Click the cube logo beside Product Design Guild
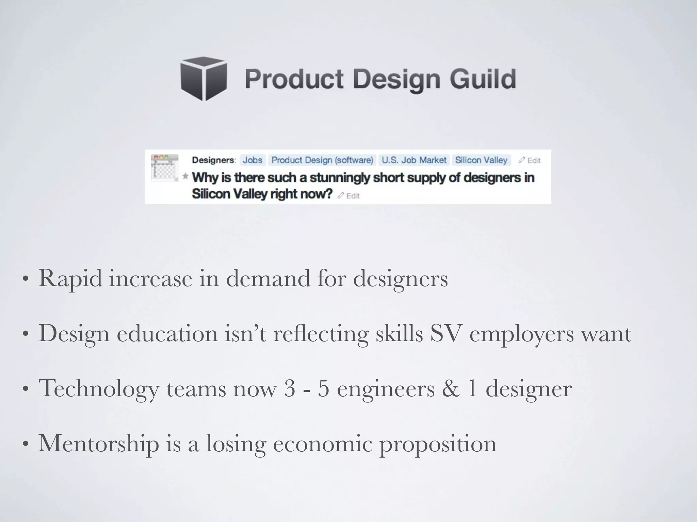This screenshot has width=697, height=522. tap(204, 79)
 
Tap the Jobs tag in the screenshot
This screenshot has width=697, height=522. tap(253, 160)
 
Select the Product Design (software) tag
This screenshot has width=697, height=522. tap(322, 160)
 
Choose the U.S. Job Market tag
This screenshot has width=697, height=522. tap(414, 160)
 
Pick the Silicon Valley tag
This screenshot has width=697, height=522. tap(481, 160)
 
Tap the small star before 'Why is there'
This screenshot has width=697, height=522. tap(185, 176)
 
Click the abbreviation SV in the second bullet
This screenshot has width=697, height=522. tap(445, 333)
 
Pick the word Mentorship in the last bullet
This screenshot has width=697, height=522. tap(99, 443)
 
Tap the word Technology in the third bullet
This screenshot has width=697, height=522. tap(99, 389)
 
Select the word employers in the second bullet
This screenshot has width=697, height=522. tap(521, 334)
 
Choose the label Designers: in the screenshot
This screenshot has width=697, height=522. tap(214, 160)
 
